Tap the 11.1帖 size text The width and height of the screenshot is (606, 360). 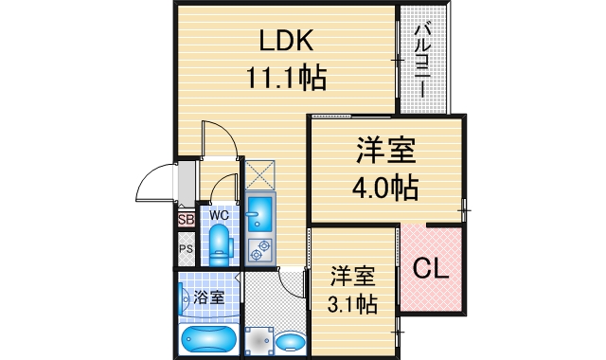(287, 77)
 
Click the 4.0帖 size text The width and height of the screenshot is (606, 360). (386, 187)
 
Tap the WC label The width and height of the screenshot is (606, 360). (220, 215)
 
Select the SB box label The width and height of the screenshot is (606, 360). (185, 220)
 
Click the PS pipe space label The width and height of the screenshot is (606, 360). (185, 250)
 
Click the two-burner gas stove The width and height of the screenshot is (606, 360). (258, 250)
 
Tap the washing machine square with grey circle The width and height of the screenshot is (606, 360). (257, 340)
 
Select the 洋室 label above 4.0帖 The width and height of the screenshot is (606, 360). (386, 150)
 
